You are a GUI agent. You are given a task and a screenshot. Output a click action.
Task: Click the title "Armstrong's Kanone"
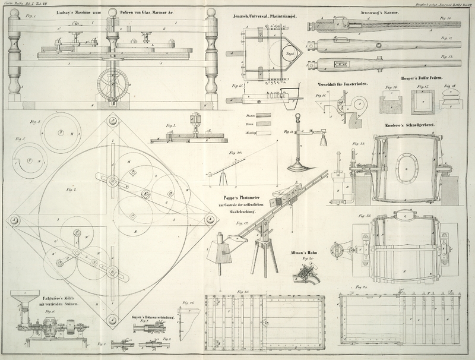pyautogui.click(x=368, y=12)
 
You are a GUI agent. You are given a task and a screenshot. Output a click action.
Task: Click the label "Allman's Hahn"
pyautogui.click(x=304, y=252)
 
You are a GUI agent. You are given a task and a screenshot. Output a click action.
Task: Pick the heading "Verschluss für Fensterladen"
pyautogui.click(x=344, y=84)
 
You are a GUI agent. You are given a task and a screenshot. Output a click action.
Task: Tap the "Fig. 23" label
pyautogui.click(x=357, y=215)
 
